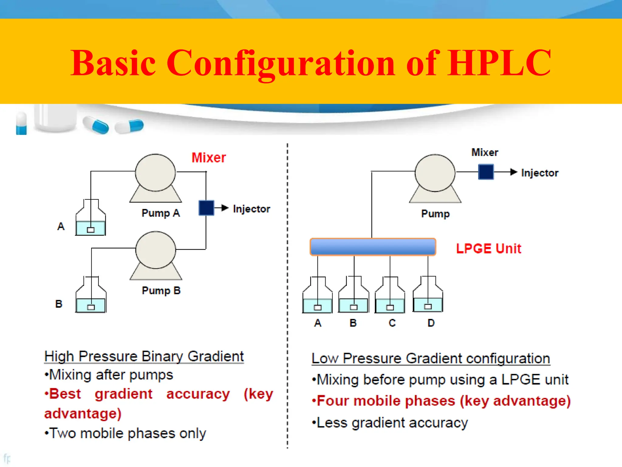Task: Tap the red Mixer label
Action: tap(209, 157)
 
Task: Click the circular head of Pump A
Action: tap(155, 172)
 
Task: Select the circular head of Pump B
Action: tap(155, 250)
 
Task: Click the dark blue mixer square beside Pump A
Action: tap(206, 208)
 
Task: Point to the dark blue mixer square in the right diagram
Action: tap(486, 172)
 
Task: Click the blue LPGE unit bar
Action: tap(373, 247)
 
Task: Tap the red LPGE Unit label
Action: tap(488, 248)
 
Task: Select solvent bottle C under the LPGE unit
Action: tap(390, 296)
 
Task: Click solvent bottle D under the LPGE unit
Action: tap(428, 295)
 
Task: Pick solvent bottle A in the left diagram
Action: tap(91, 218)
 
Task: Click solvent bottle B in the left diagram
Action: tap(91, 296)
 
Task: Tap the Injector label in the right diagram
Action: tap(540, 173)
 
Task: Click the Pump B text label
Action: tap(161, 290)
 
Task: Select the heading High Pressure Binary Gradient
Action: tap(144, 356)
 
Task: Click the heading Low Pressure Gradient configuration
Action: tap(431, 358)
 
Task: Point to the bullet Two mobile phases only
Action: tap(125, 433)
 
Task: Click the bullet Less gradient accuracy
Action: tap(390, 423)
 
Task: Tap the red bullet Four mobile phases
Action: tap(441, 401)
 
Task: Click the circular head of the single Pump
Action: tap(435, 173)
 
